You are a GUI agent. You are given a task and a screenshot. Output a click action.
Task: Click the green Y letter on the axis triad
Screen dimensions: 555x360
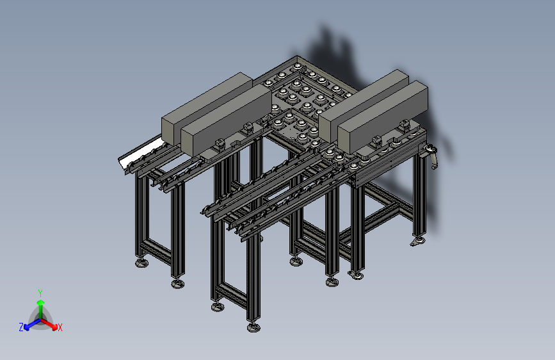coord(40,293)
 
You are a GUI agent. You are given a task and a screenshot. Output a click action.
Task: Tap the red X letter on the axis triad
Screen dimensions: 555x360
coord(60,327)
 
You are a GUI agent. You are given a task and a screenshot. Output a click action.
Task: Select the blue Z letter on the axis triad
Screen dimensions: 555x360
coord(21,327)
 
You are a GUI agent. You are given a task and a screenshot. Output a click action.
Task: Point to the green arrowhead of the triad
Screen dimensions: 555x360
coord(41,302)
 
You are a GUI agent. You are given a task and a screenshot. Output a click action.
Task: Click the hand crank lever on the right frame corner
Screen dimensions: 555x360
coord(432,156)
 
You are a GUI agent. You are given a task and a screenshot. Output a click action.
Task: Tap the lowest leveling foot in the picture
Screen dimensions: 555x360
coord(253,327)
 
